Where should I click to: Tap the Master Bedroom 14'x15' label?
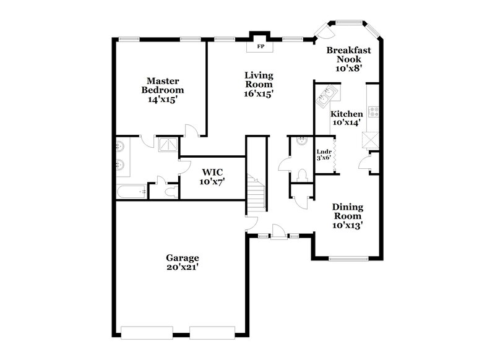click(163, 90)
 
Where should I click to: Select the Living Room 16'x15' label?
click(259, 85)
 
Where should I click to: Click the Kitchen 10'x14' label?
click(346, 118)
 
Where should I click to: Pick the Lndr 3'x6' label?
click(324, 155)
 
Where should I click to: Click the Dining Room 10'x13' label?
click(347, 216)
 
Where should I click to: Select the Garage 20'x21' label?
click(182, 262)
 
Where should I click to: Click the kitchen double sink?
click(325, 96)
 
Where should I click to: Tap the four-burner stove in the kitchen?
click(374, 113)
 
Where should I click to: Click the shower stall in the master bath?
click(168, 145)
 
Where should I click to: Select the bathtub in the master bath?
click(131, 192)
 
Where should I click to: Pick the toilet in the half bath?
click(301, 174)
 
